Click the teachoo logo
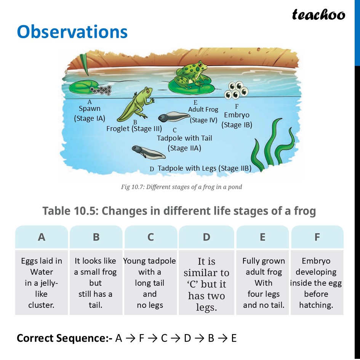point(318,14)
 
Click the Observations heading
point(72,32)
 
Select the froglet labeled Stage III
point(136,103)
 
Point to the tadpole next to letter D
point(148,152)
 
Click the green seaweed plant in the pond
point(272,145)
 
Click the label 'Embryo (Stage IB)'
point(237,120)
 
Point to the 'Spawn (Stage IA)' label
point(90,113)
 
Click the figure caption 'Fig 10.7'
point(181,187)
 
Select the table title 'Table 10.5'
point(179,211)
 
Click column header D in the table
point(206,237)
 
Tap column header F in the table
point(317,237)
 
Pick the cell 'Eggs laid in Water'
point(42,283)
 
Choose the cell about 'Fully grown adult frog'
point(263,283)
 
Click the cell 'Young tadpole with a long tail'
point(150,283)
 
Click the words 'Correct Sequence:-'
point(64,338)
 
